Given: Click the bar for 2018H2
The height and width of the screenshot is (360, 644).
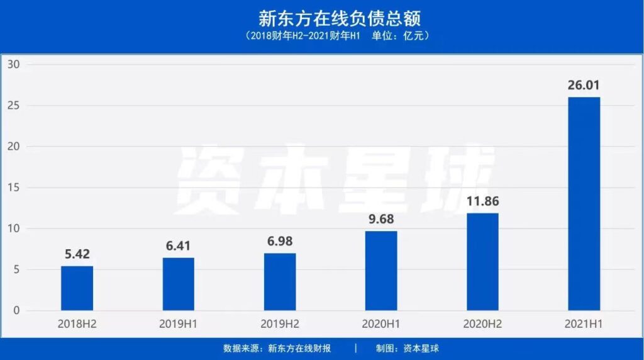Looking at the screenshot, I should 77,288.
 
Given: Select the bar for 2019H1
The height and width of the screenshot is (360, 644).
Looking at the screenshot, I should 178,284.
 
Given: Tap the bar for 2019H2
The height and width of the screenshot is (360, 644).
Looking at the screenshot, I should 280,282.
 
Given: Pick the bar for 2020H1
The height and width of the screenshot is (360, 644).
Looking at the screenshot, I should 381,271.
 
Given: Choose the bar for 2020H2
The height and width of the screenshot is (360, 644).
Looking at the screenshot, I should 482,262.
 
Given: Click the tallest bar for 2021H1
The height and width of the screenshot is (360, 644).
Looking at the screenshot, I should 584,204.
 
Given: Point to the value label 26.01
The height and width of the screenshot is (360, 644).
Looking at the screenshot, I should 584,85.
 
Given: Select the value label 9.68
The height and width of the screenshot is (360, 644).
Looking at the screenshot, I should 381,219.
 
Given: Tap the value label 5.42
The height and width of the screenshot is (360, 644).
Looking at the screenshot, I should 77,254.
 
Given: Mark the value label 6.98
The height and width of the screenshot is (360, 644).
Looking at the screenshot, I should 280,241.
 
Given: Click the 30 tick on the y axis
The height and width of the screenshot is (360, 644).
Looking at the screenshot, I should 14,64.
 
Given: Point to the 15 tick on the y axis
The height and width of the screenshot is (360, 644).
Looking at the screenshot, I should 14,188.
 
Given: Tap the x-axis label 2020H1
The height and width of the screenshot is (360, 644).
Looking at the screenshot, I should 381,325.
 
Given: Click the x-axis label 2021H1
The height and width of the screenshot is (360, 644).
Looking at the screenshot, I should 584,325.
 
